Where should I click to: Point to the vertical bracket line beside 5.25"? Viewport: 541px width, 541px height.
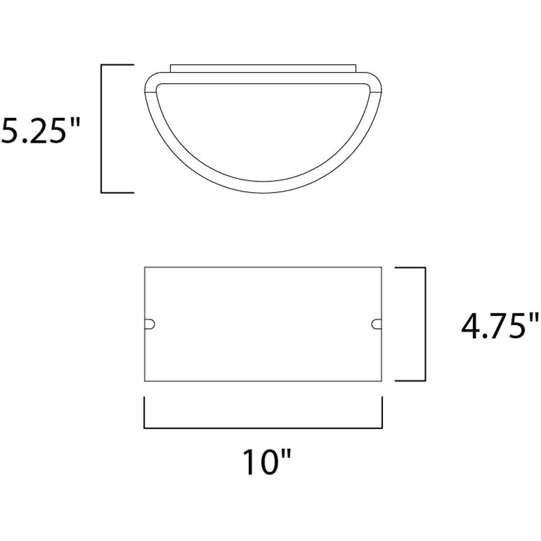(101, 128)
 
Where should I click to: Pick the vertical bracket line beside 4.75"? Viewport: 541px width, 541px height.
(425, 324)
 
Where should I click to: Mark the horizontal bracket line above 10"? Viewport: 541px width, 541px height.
(263, 428)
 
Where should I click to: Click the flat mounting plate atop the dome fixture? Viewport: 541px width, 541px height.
(263, 68)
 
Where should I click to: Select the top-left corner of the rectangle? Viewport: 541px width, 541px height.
(145, 267)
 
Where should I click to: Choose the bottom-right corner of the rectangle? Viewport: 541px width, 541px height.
(382, 381)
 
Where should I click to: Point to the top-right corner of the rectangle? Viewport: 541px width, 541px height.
(382, 267)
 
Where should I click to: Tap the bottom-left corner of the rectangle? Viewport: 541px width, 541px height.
(145, 381)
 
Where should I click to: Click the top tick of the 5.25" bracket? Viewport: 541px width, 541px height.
(117, 65)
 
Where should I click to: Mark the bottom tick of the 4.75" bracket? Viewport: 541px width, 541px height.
(410, 380)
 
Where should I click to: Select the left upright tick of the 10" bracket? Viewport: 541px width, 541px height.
(144, 412)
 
